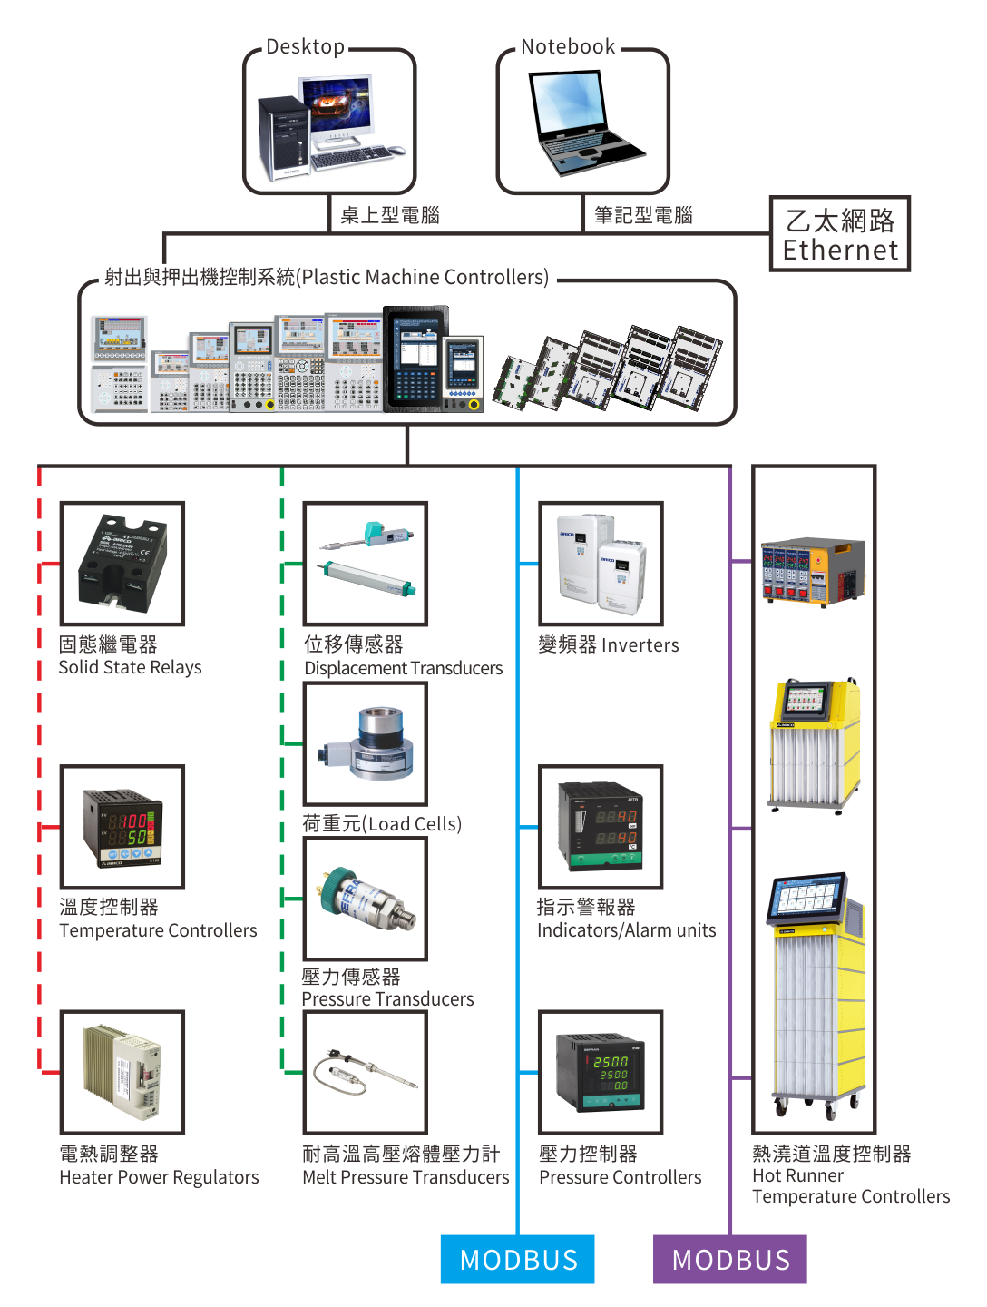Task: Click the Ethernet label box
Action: click(x=839, y=234)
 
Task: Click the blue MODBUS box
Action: click(x=517, y=1259)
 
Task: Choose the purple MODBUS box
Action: click(x=729, y=1259)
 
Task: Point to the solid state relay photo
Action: click(x=122, y=564)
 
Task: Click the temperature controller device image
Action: click(x=122, y=827)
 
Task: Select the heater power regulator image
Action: click(x=122, y=1072)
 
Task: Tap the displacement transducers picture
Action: click(x=366, y=564)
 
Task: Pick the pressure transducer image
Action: click(x=366, y=899)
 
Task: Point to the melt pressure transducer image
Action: click(x=366, y=1072)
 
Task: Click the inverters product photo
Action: click(x=601, y=564)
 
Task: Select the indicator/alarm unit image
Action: click(x=601, y=827)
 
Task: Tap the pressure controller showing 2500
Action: click(x=601, y=1072)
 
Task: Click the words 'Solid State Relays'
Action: click(x=130, y=668)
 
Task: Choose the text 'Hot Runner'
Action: click(x=797, y=1175)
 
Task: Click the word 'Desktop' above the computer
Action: click(x=305, y=47)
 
